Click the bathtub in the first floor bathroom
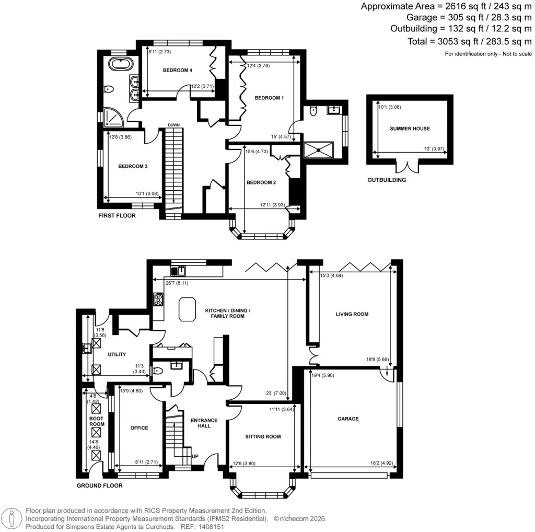pos(121,64)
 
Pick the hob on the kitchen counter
pos(158,299)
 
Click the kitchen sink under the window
pos(179,271)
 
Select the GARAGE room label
pos(348,419)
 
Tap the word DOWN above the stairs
pos(174,125)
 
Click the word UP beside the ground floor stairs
pos(195,456)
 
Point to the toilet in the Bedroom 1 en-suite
pos(312,111)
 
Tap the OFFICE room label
pos(139,428)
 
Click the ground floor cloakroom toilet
pos(158,371)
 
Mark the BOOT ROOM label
pos(97,421)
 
